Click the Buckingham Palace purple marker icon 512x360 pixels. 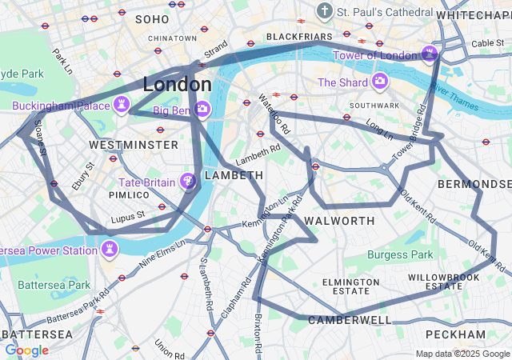click(x=122, y=105)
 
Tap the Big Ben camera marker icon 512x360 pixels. click(x=202, y=110)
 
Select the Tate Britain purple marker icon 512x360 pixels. click(x=189, y=182)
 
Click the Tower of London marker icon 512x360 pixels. click(x=430, y=54)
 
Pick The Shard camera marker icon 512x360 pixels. click(x=379, y=82)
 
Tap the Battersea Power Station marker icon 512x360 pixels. click(x=110, y=250)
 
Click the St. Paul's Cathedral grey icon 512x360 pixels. click(x=325, y=11)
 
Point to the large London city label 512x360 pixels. click(x=178, y=84)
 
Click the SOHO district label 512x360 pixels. click(x=152, y=18)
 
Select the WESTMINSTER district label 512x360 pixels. click(x=134, y=145)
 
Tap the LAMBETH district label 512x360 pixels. click(x=234, y=175)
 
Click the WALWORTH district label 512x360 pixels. click(x=339, y=221)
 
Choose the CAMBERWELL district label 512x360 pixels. click(x=350, y=320)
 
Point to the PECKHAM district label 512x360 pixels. click(x=455, y=334)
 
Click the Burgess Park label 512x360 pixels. click(x=400, y=255)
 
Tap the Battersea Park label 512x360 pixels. click(x=54, y=285)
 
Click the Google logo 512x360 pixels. click(x=26, y=350)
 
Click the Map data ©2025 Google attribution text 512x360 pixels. click(x=462, y=354)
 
